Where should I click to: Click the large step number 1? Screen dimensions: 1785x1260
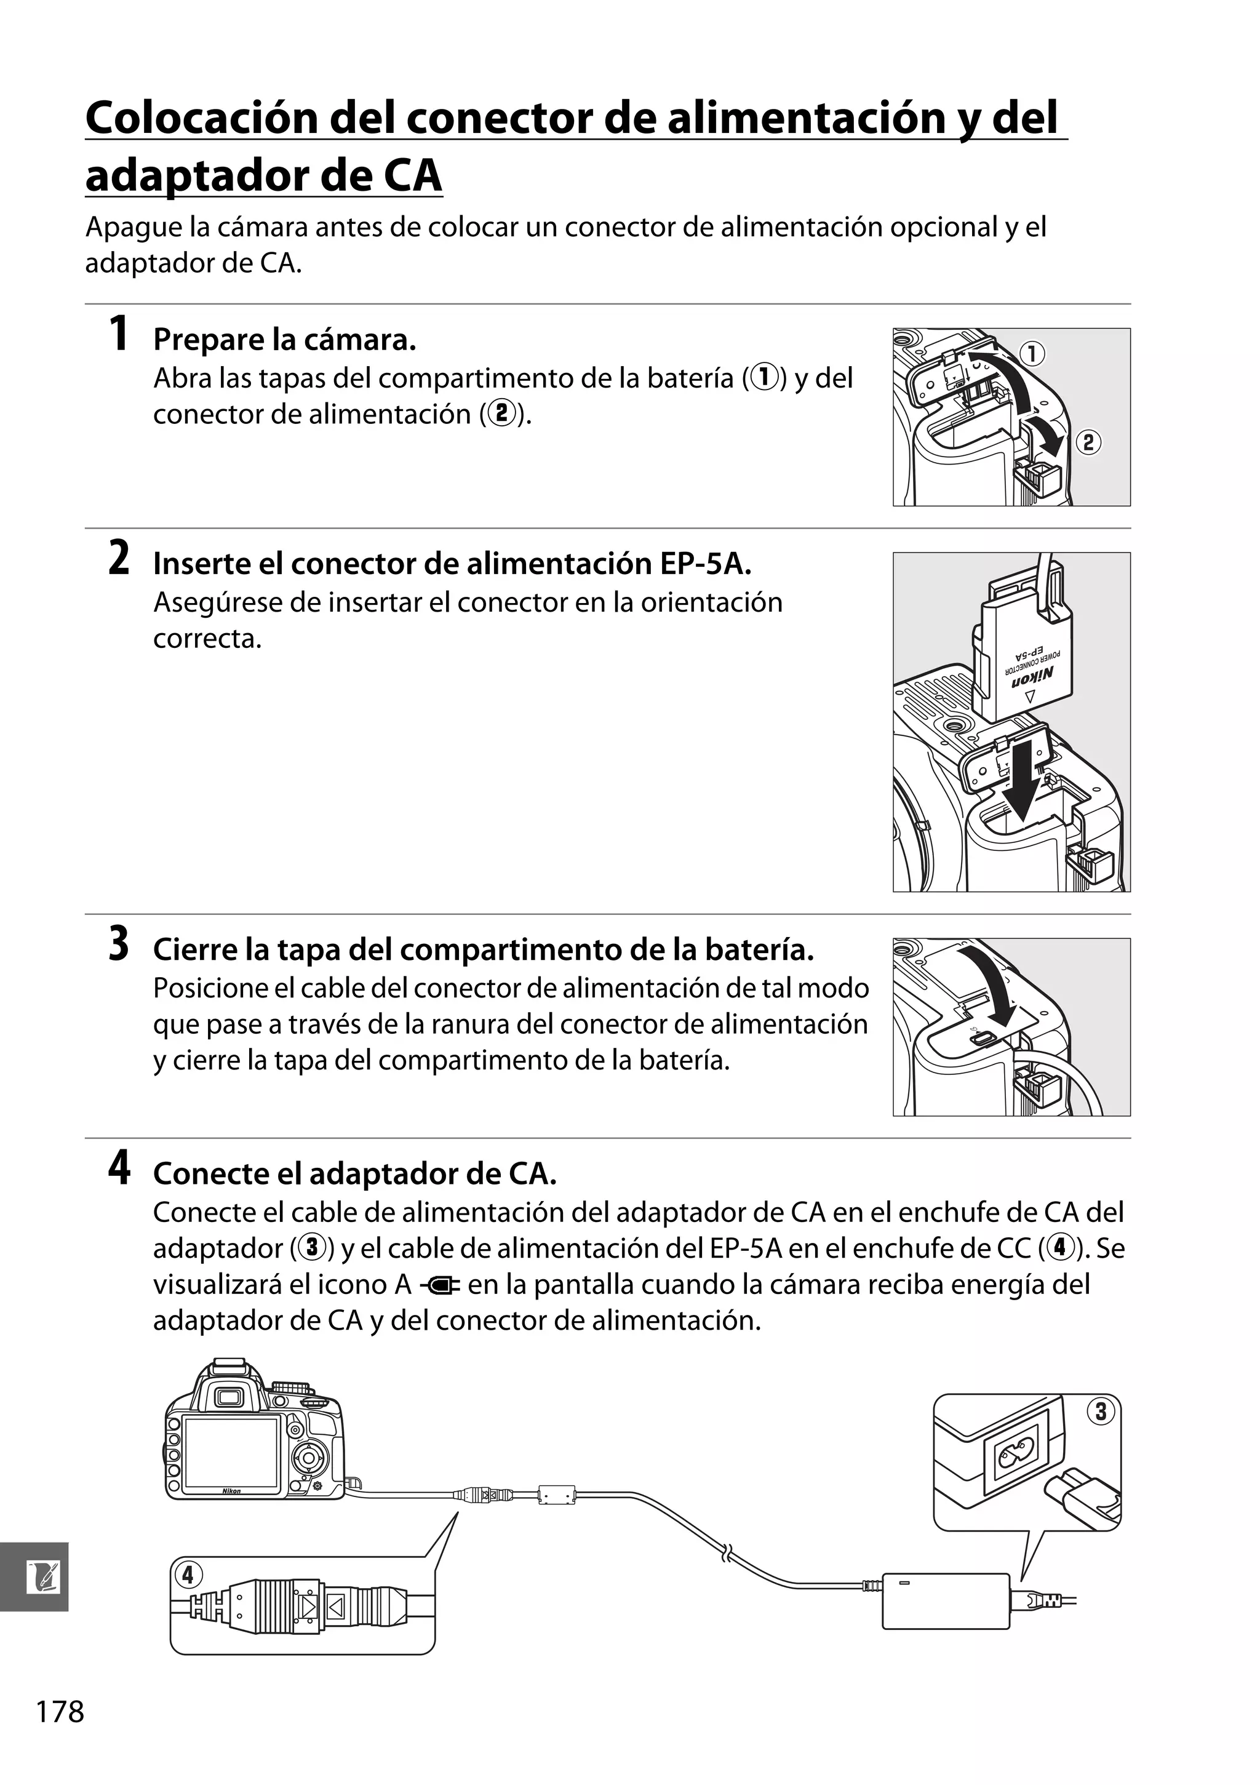pos(118,334)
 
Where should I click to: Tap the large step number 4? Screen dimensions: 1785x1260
pos(118,1168)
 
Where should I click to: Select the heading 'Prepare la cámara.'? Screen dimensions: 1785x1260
pos(284,340)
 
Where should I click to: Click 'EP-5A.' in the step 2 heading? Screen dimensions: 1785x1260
pos(706,564)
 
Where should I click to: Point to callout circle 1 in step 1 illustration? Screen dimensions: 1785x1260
pos(1032,354)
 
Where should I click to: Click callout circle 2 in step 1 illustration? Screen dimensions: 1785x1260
pos(1088,442)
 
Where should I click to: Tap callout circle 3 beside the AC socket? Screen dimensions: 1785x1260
pos(1100,1411)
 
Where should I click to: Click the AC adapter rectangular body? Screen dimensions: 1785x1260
pos(945,1602)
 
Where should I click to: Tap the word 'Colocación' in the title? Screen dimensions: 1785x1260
pos(201,118)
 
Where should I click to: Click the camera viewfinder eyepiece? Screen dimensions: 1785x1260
pos(229,1398)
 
